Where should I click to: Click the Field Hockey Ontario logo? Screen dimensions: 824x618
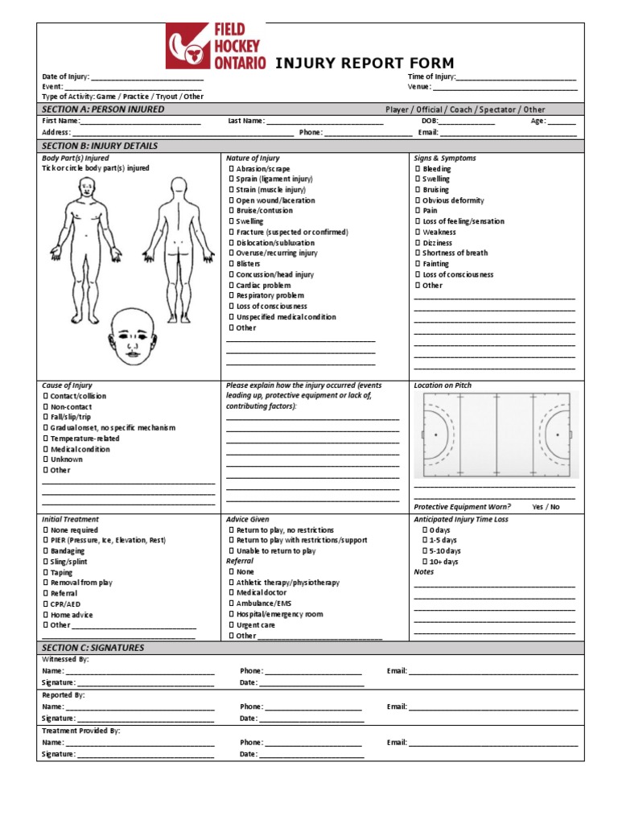[215, 46]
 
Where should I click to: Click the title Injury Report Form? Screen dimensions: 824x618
[365, 64]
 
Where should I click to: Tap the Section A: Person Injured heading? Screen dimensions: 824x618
[103, 109]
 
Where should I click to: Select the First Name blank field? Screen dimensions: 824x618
[140, 122]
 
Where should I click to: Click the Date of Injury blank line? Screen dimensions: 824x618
[147, 77]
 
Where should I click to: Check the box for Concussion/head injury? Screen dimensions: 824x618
[232, 274]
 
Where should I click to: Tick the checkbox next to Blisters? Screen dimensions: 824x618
[232, 264]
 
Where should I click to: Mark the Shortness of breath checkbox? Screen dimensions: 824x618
[418, 253]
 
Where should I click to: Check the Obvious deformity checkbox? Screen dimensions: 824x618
[418, 200]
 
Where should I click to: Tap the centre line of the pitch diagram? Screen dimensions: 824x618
[496, 435]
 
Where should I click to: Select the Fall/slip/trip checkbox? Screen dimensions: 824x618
[45, 418]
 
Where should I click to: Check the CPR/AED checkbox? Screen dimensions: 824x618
[45, 604]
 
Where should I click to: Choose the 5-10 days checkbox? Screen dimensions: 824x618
[426, 551]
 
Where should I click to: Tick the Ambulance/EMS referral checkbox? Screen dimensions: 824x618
[232, 604]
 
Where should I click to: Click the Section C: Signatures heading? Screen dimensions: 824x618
[93, 648]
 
